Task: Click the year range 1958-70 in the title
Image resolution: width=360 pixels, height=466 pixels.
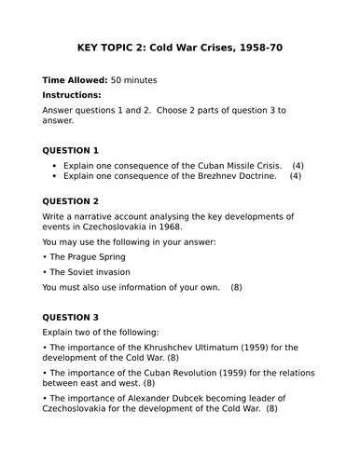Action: pos(256,47)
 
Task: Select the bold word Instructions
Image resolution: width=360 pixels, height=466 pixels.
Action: pos(73,95)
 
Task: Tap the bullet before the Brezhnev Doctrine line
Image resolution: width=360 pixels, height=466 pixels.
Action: pos(56,176)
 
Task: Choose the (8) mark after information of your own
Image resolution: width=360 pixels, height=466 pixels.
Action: pos(236,287)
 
